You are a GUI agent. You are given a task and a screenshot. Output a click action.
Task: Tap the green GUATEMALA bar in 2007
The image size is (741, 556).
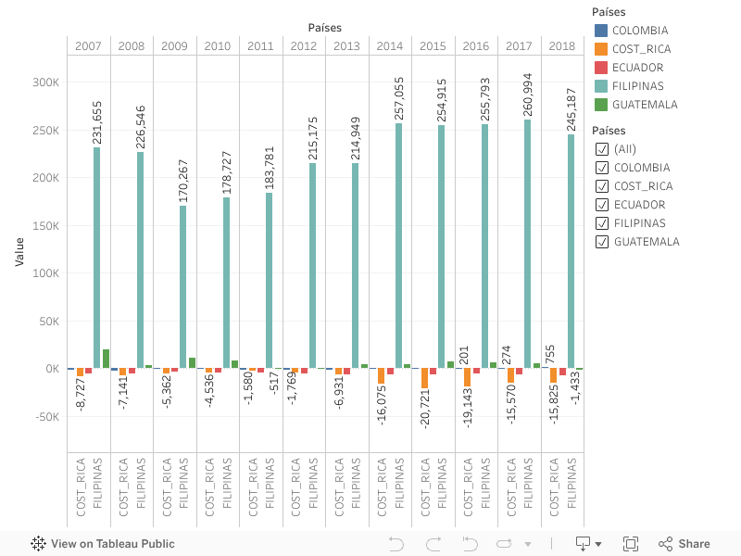(x=106, y=359)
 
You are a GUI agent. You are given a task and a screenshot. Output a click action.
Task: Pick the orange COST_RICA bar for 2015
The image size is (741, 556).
(x=424, y=378)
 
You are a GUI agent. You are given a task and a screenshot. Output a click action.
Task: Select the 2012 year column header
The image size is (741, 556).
(x=304, y=46)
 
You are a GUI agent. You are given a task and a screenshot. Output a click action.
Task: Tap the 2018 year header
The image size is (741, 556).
(x=562, y=46)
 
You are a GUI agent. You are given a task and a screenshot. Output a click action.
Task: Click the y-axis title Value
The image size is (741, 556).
(x=19, y=252)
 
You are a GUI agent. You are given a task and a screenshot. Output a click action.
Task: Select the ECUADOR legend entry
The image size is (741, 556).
(x=637, y=68)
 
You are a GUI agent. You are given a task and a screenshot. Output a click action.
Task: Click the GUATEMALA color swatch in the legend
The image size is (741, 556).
(x=601, y=105)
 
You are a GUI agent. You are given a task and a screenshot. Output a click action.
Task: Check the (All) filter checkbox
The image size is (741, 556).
(x=602, y=149)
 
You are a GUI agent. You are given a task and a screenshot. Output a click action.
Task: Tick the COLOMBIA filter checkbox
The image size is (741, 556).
(x=602, y=168)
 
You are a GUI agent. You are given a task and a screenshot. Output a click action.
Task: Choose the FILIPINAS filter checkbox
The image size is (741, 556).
(x=602, y=223)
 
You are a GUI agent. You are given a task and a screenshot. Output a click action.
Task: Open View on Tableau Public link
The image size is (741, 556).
(x=103, y=544)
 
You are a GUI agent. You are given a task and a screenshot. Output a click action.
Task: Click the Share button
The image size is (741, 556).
(x=684, y=544)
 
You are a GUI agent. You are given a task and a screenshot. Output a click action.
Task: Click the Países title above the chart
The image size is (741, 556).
(x=325, y=28)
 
